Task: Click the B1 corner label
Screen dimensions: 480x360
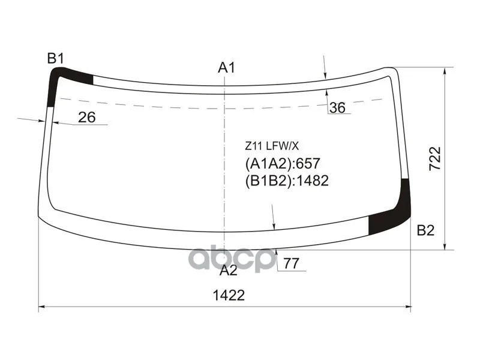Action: (55, 58)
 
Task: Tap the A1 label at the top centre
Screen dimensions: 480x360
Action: (226, 68)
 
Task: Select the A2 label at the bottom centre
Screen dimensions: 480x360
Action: (229, 271)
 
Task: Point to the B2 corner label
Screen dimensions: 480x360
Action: (425, 230)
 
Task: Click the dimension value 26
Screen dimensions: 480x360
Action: (87, 117)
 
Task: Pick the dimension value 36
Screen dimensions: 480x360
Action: (337, 108)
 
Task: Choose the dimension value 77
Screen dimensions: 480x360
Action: (291, 263)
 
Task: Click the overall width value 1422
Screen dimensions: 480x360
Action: (229, 295)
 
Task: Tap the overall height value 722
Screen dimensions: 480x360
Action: (434, 158)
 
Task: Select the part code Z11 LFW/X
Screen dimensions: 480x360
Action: (272, 146)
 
